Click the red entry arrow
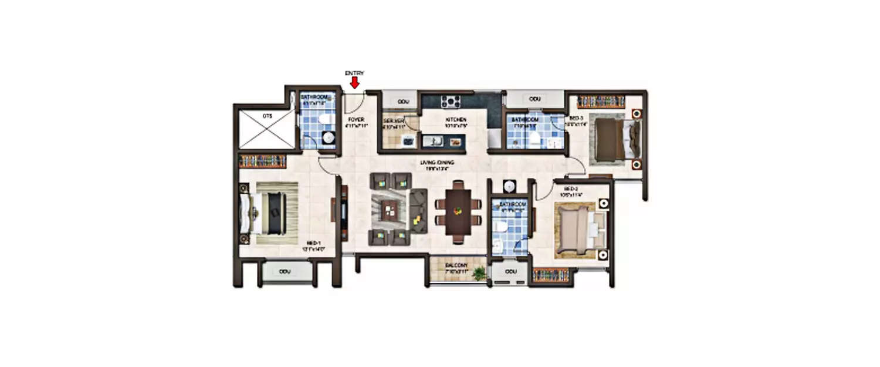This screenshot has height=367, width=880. [x=354, y=83]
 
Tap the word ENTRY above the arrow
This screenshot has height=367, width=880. [x=354, y=73]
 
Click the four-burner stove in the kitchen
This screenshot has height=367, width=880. [x=451, y=101]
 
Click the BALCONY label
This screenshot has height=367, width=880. [x=455, y=265]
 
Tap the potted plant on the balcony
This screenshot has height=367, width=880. [x=480, y=273]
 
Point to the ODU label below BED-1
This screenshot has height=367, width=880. [x=285, y=272]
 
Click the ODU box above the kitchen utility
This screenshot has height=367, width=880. [x=403, y=102]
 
